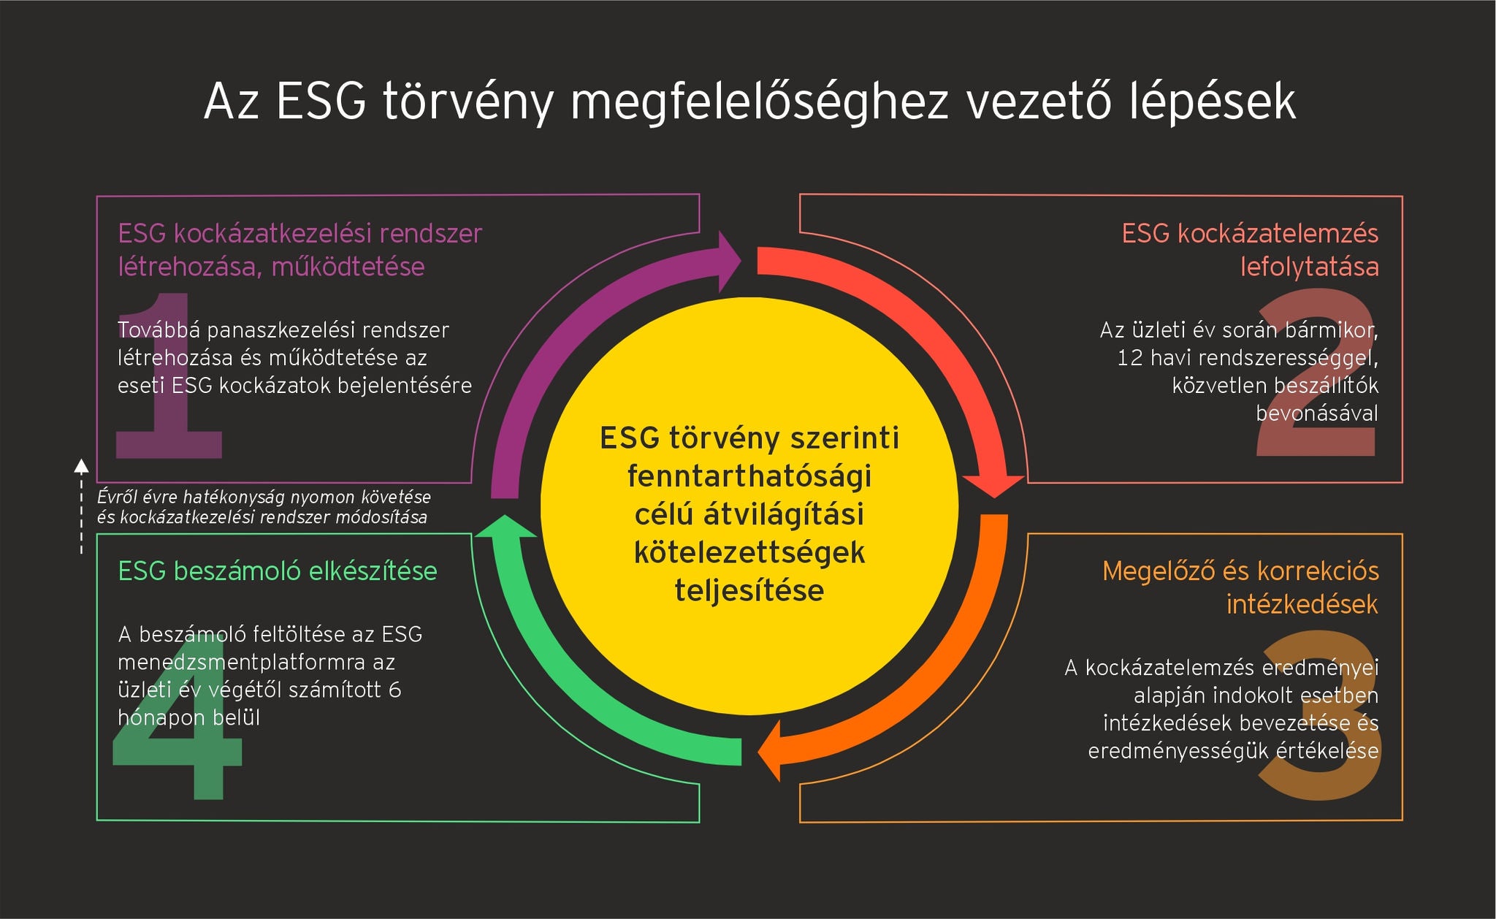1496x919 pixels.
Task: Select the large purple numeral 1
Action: coord(169,375)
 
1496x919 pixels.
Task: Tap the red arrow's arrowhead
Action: coord(993,486)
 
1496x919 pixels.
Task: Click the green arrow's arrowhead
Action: coord(505,526)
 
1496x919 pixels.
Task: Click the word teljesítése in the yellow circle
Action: coord(749,590)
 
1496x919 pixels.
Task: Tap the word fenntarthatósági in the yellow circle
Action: coord(749,477)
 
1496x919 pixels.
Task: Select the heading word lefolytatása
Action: coord(1310,267)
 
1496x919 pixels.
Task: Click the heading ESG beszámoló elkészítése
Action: coord(278,571)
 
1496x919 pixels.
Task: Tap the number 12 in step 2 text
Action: coord(1130,358)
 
